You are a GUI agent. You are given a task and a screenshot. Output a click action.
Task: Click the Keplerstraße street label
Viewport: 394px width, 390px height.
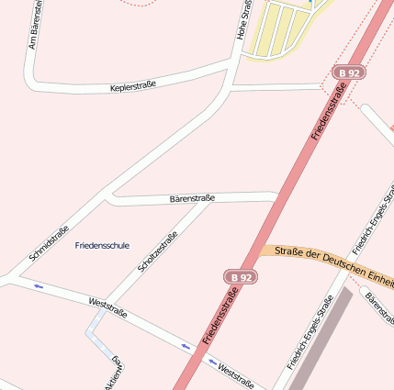(x=133, y=85)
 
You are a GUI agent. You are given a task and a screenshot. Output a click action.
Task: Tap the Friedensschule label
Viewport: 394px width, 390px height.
(x=102, y=245)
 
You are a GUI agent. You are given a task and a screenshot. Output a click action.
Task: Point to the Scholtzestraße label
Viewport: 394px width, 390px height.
(x=157, y=251)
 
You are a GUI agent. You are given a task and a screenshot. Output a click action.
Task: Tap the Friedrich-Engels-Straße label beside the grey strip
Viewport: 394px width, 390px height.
(x=310, y=331)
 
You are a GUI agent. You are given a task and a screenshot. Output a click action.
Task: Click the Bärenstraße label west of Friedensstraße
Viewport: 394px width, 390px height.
(x=192, y=198)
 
